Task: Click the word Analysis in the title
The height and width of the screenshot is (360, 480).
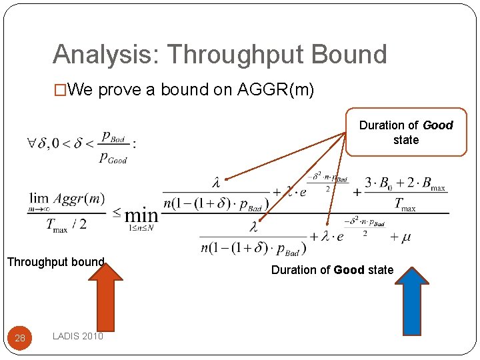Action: [x=99, y=55]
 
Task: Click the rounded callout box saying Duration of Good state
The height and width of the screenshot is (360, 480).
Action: [x=405, y=132]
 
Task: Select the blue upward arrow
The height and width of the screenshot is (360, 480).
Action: [x=413, y=300]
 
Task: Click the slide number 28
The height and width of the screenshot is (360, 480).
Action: [x=20, y=338]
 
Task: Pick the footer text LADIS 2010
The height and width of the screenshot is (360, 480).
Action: [x=77, y=337]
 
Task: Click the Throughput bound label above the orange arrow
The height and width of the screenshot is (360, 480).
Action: [x=55, y=262]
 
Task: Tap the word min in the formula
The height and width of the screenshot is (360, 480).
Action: [x=141, y=215]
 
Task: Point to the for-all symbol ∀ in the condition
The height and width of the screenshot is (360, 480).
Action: [x=31, y=143]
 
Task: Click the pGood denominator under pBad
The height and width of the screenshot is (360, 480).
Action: [x=113, y=158]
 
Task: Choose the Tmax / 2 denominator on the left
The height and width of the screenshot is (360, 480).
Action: [x=65, y=225]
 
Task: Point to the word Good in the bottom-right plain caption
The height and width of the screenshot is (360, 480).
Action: [x=349, y=270]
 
